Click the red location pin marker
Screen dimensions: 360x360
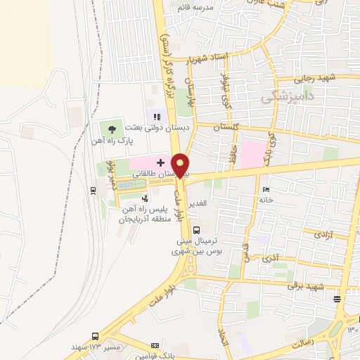click(x=181, y=165)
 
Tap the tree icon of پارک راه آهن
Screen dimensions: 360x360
click(x=111, y=128)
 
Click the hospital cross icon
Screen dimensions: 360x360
click(x=160, y=162)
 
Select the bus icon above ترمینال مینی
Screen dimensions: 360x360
click(x=195, y=229)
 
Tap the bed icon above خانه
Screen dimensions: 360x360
click(x=265, y=190)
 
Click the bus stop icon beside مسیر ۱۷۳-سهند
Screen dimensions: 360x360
click(x=95, y=336)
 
